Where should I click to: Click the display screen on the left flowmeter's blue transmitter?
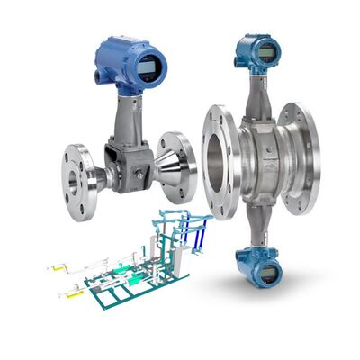147,66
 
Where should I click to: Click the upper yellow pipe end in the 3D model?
56,266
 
